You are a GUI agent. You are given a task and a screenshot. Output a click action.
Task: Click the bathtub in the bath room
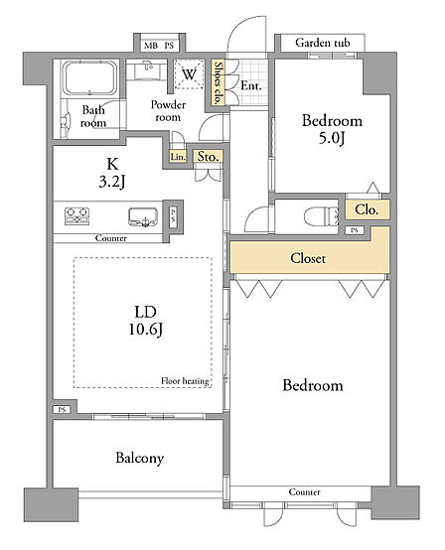point(89,78)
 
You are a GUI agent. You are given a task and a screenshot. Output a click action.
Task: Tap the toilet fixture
point(322,216)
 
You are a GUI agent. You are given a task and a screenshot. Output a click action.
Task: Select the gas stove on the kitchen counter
point(77,215)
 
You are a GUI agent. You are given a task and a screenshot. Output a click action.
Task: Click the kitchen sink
point(143,216)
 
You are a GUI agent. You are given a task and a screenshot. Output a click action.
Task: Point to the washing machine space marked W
point(190,73)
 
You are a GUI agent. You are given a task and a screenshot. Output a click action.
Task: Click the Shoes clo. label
point(218,82)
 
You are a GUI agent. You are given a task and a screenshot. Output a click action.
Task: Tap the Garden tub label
point(323,43)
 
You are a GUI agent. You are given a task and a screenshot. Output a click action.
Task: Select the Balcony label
point(140,459)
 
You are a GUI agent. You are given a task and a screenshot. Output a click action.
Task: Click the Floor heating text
point(185,381)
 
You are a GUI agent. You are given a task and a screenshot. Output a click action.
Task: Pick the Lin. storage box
point(178,157)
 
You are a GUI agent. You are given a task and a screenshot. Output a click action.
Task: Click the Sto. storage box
point(209,157)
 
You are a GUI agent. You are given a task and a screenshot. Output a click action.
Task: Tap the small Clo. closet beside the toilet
point(368,209)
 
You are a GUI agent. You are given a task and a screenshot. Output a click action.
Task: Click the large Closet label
point(308,258)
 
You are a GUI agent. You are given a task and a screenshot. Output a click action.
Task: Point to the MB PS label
point(159,46)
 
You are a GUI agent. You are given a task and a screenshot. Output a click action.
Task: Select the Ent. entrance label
point(251,85)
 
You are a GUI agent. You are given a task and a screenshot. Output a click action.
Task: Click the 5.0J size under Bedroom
point(332,138)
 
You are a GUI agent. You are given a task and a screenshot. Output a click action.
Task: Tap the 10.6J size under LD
point(145,330)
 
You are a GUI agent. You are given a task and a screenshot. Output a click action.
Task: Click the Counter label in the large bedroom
point(304,491)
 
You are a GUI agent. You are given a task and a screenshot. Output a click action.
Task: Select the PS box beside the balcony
point(63,409)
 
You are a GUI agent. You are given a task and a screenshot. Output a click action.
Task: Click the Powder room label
point(168,111)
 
